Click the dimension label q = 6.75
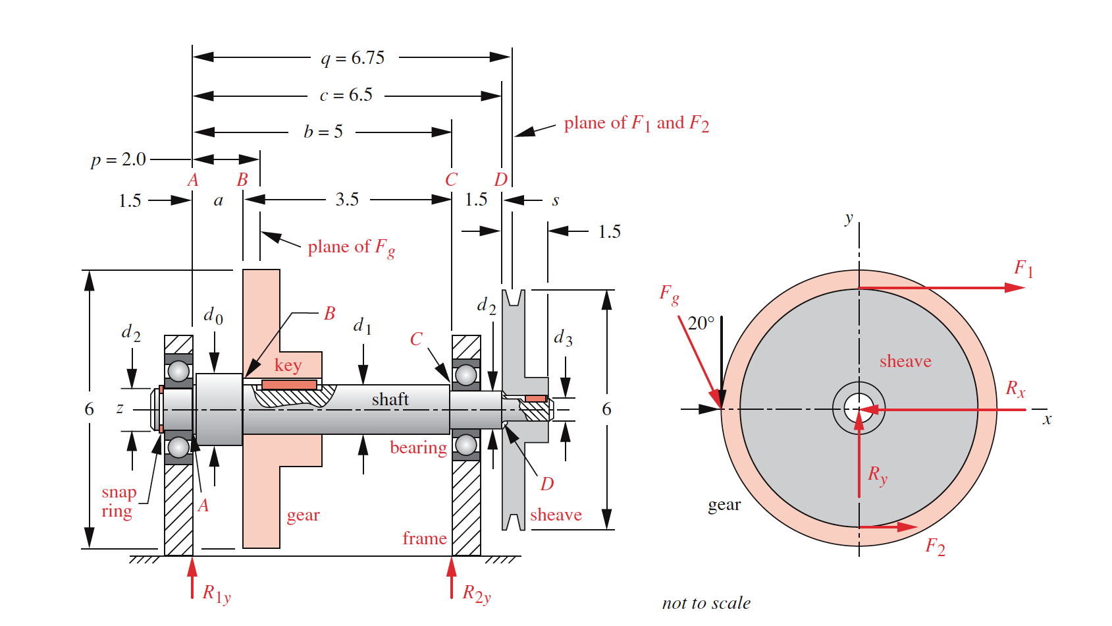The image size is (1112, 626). coord(353,58)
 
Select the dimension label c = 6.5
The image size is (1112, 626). coord(346,95)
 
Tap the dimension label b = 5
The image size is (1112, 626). coord(323,132)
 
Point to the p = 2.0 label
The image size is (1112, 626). coord(119,159)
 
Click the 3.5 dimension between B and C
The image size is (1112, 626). coord(347,200)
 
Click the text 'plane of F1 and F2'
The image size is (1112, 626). coord(636,123)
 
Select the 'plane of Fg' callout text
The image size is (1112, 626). coord(351,247)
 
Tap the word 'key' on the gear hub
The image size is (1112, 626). coord(288,365)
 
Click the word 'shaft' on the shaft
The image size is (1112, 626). coord(390,399)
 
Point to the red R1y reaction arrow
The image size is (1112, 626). coord(192,578)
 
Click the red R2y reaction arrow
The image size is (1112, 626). coord(452,578)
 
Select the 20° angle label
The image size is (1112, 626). coord(701,324)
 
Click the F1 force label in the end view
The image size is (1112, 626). coord(1023,268)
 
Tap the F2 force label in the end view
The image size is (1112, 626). coord(935,546)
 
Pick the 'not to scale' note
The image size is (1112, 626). coord(706,603)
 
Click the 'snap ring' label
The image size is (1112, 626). coord(119,501)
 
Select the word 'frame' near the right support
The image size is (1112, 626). coord(425,538)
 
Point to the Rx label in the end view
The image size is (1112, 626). coord(1015,389)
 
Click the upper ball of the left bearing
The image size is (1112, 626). coord(178,372)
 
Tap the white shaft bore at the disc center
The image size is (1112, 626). coord(858,409)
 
